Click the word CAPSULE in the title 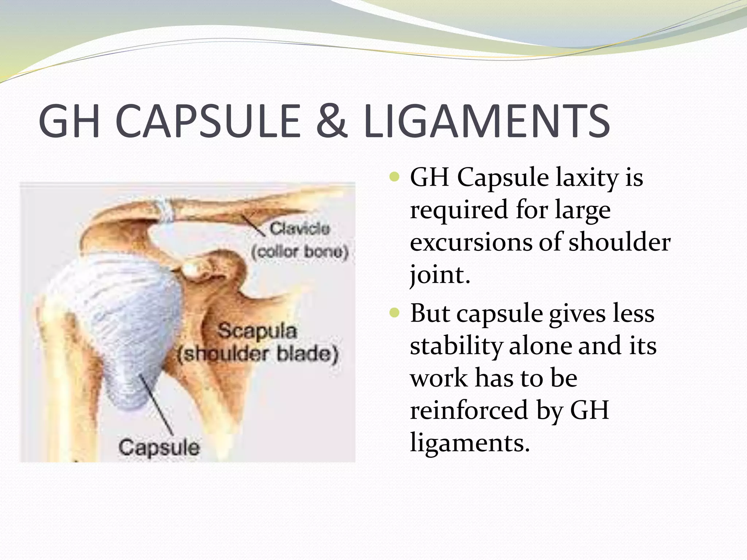tap(208, 121)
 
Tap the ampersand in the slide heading tap(331, 121)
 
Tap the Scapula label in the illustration tap(257, 331)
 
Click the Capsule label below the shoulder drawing tap(159, 447)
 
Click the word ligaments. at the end tap(469, 442)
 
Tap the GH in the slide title tap(69, 121)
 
